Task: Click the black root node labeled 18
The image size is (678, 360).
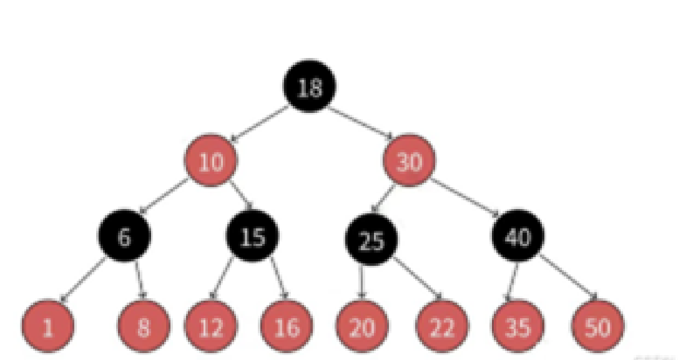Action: click(x=310, y=87)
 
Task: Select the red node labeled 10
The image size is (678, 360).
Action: click(x=210, y=162)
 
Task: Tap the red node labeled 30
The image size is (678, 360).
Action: click(x=409, y=162)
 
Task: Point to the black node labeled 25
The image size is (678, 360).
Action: click(x=371, y=240)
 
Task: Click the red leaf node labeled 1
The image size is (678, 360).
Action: click(x=48, y=326)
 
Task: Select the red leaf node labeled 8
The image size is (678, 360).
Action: click(x=144, y=326)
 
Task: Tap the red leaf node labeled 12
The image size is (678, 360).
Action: click(x=210, y=326)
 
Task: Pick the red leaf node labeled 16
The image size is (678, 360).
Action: click(x=287, y=326)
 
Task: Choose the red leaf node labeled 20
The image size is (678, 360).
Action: click(x=362, y=326)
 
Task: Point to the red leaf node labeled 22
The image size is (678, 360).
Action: click(x=441, y=326)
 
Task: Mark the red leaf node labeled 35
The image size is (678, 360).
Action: click(x=518, y=326)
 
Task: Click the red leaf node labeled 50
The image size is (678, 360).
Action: click(x=596, y=326)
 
